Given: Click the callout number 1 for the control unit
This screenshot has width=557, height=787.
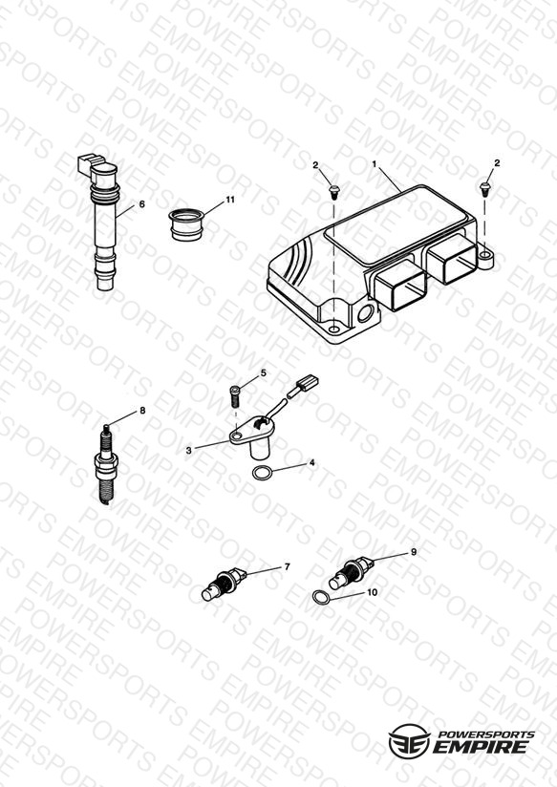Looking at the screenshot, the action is (x=374, y=164).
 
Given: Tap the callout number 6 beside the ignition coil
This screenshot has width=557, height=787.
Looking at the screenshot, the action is (x=141, y=204).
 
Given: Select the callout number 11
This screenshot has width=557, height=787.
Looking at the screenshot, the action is (x=230, y=200).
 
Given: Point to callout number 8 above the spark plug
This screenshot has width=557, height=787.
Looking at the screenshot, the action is (x=142, y=411).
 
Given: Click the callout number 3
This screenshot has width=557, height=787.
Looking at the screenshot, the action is (x=189, y=451).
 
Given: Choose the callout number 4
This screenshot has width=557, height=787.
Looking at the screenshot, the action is (x=311, y=463).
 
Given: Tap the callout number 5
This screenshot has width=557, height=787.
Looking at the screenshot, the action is (x=263, y=372).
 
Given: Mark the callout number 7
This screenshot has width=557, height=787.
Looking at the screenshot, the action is (x=288, y=566).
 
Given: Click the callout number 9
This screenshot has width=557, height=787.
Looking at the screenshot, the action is (x=414, y=552).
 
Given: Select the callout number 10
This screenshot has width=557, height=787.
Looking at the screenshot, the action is (x=373, y=592).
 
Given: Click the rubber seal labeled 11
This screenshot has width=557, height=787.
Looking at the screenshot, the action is (x=186, y=224).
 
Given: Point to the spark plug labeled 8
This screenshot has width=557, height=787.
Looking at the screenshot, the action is (x=105, y=464).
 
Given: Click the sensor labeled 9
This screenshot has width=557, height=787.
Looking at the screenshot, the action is (x=351, y=573).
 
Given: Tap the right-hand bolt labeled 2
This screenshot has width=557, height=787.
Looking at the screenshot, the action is (x=484, y=189).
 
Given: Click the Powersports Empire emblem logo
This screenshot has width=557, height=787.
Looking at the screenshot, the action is (x=408, y=741).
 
